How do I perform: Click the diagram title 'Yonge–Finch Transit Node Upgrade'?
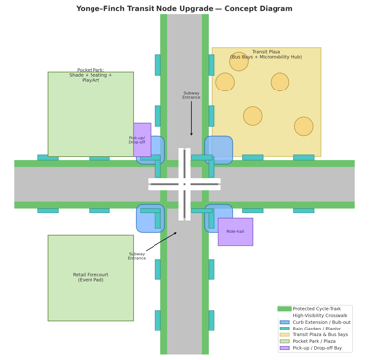click(x=184, y=9)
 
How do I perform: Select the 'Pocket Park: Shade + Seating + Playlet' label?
click(x=91, y=75)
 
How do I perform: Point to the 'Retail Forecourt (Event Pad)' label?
click(x=91, y=277)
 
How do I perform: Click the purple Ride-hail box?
click(x=235, y=232)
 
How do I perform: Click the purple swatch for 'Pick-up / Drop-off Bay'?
click(x=285, y=348)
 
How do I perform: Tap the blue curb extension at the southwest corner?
click(x=150, y=218)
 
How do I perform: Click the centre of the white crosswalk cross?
click(x=184, y=184)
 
